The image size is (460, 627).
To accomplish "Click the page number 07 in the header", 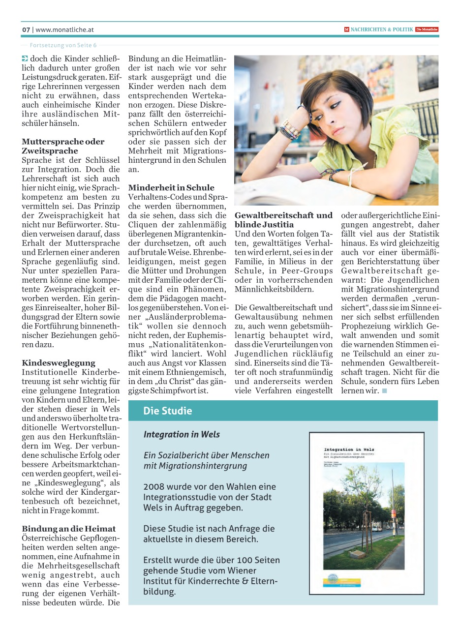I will coord(26,30).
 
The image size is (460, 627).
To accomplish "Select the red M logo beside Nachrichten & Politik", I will coord(346,30).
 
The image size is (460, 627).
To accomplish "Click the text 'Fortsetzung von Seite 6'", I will coord(63,45).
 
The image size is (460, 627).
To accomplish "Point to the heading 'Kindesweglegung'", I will coord(59,363).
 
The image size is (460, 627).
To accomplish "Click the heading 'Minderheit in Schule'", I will coord(171,187).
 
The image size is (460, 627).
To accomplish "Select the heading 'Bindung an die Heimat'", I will coord(69,529).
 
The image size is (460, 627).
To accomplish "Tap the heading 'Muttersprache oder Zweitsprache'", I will coord(63,146).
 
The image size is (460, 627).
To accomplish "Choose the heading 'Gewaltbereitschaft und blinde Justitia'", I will coord(283,220).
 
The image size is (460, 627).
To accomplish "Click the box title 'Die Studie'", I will coord(167,411).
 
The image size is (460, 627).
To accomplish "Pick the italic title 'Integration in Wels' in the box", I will coord(182,434).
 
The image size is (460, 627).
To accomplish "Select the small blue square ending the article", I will coord(385,391).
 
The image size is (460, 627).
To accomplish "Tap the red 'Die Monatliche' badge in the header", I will coord(427,30).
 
